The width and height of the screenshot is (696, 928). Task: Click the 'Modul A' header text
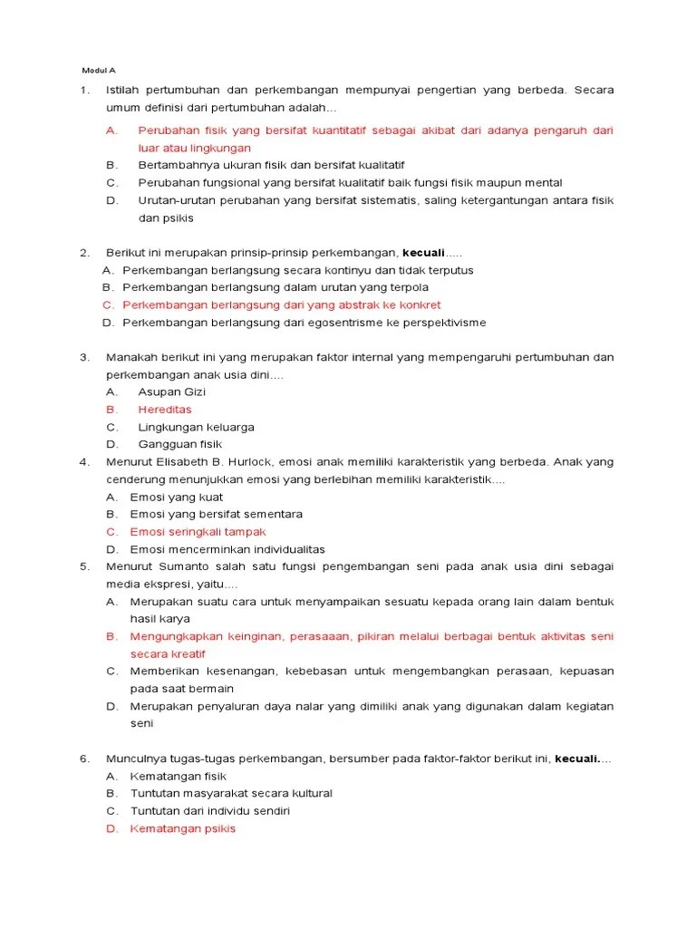coord(99,70)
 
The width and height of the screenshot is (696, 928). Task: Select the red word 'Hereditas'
coord(164,410)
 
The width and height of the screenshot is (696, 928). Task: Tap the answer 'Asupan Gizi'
coord(171,392)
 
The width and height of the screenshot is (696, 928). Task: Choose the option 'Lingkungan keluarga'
coord(196,427)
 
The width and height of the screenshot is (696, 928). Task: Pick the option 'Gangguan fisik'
coord(179,444)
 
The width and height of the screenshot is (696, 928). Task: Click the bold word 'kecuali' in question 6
coord(577,759)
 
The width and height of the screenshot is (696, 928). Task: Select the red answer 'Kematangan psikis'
coord(182,828)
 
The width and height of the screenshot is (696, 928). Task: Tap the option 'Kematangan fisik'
coord(179,777)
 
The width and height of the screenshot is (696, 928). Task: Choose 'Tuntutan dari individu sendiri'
coord(209,811)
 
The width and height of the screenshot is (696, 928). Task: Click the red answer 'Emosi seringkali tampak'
coord(198,532)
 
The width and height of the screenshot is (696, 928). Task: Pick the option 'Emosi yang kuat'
coord(176,498)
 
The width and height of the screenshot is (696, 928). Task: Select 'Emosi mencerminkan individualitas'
coord(227,549)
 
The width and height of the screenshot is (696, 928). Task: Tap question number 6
coord(84,759)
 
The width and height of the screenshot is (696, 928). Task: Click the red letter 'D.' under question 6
coord(111,828)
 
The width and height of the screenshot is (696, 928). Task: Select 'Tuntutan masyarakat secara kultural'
coord(231,794)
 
